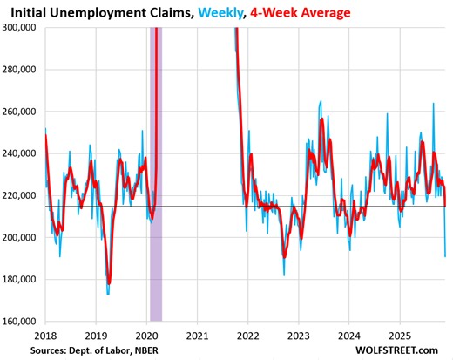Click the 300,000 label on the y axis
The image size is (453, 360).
click(x=23, y=27)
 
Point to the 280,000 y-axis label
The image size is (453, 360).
click(x=23, y=70)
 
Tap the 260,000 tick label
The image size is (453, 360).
click(x=23, y=112)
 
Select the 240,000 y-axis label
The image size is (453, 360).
click(x=23, y=153)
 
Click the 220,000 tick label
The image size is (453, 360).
click(x=23, y=195)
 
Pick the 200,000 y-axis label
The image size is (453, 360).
click(x=23, y=237)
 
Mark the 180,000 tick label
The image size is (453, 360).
click(x=23, y=280)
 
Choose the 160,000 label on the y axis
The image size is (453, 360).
click(x=23, y=322)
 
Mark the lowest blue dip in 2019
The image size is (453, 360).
click(x=108, y=294)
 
